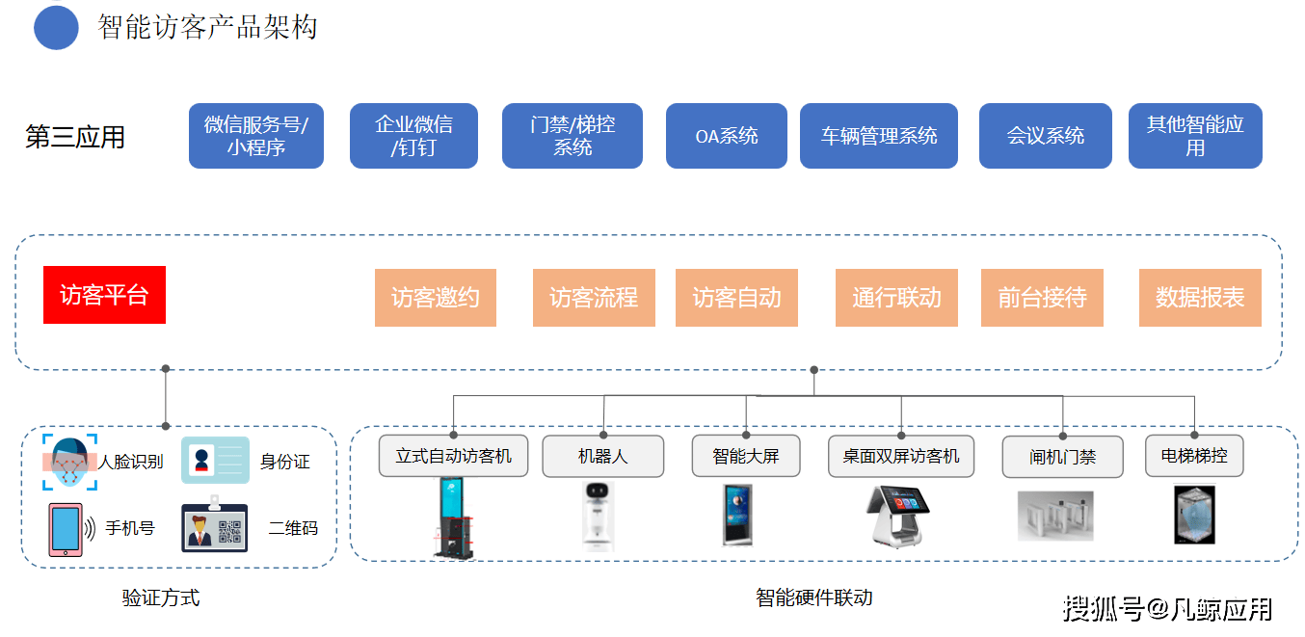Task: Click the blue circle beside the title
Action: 56,27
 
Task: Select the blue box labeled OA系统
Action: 727,136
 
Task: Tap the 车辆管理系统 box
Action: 878,136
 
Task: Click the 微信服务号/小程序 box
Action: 255,136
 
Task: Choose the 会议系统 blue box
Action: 1045,136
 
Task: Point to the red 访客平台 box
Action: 104,295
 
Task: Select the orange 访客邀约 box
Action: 435,298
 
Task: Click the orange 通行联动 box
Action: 896,298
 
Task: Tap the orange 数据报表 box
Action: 1200,298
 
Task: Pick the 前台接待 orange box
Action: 1042,298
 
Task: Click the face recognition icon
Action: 69,463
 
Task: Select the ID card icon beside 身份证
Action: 214,461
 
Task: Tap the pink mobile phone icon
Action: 66,529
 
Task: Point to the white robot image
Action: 599,515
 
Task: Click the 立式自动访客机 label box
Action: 453,456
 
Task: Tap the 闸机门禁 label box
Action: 1062,457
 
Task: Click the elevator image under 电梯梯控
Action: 1194,515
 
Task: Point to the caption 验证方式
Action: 161,597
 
